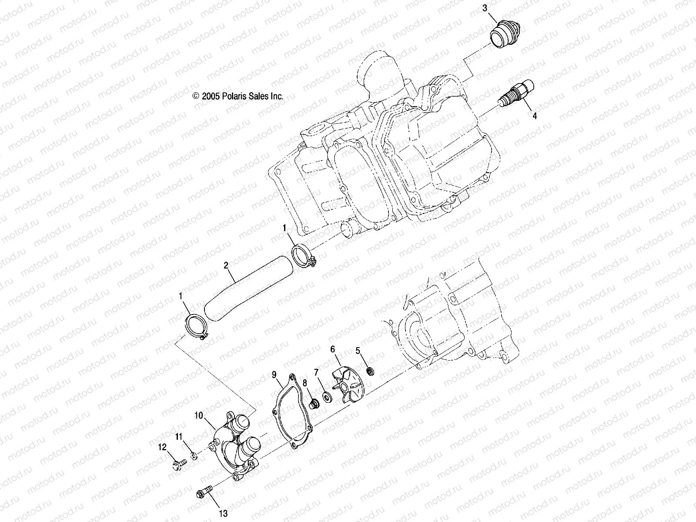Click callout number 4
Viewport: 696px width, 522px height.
click(535, 116)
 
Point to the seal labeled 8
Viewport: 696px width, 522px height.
click(311, 405)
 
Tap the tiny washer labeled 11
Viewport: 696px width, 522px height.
click(194, 456)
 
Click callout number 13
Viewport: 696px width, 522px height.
click(223, 514)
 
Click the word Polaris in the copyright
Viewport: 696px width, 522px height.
click(237, 96)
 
